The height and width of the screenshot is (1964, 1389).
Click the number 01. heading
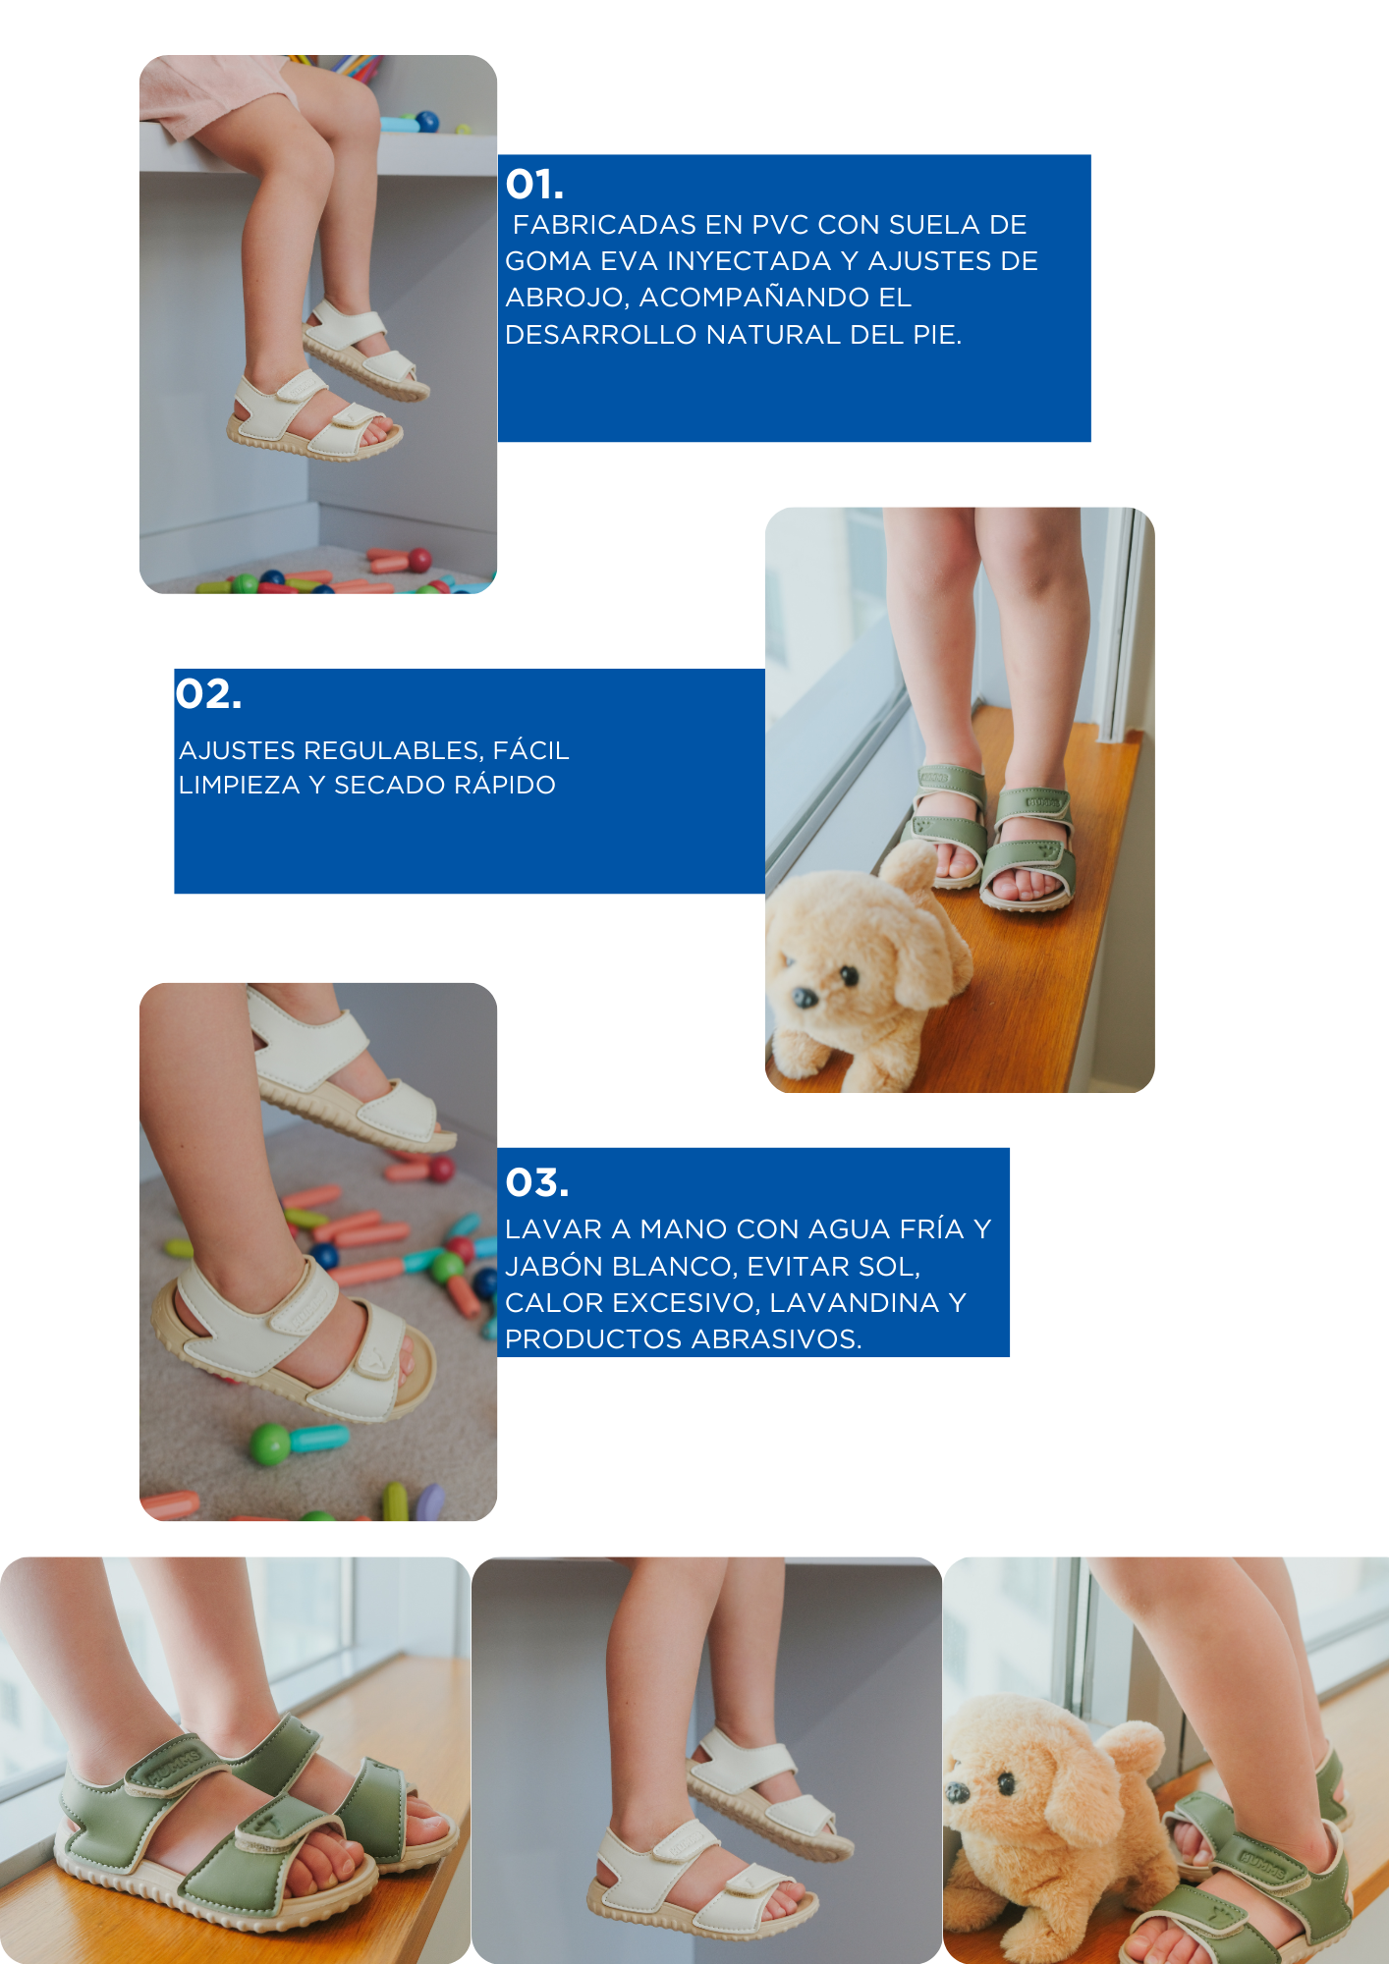tap(534, 185)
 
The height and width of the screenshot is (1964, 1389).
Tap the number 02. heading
tap(208, 694)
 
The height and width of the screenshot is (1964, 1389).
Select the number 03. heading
tap(536, 1183)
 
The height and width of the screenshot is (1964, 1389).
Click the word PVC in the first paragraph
tap(781, 225)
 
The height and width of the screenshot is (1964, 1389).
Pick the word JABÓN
tap(554, 1266)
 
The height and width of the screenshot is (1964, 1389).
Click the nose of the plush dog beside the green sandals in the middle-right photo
tap(805, 998)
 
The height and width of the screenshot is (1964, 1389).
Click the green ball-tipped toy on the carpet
tap(271, 1444)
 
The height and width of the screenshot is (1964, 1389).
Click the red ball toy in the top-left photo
tap(419, 561)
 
